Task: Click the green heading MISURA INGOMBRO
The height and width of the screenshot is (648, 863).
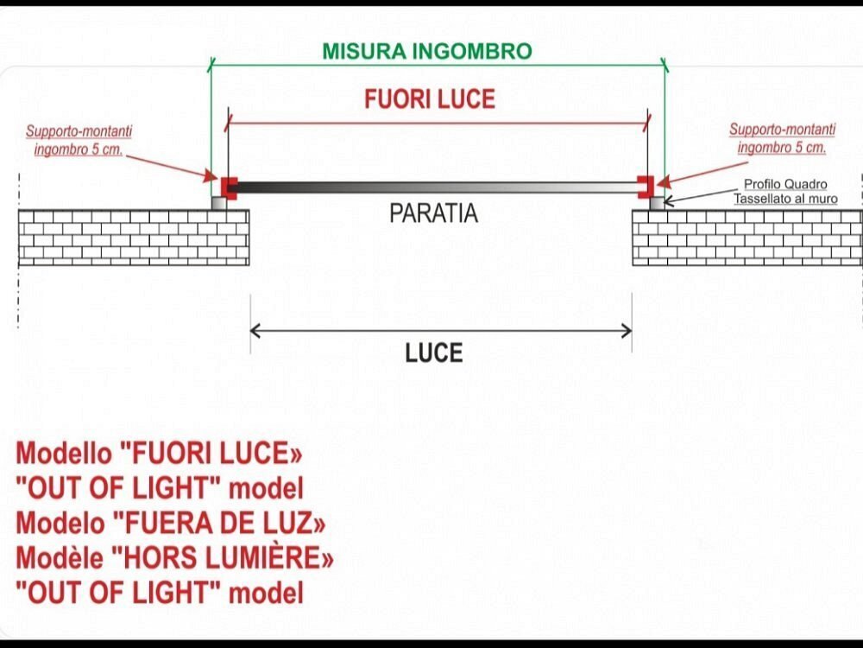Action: pos(427,51)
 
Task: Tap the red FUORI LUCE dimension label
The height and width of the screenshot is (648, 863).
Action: pos(430,99)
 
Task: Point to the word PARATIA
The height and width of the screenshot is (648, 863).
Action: pos(433,213)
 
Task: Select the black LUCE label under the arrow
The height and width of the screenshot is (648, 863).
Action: pos(434,353)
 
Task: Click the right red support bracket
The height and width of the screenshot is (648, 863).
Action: pos(645,186)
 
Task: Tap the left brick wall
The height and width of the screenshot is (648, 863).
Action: pos(134,237)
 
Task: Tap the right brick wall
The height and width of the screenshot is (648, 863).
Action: pos(746,237)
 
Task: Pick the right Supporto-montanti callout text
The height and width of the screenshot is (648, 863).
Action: pos(782,138)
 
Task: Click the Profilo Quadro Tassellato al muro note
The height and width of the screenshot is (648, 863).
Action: pos(785,192)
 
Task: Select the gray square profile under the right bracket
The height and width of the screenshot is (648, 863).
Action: pos(657,202)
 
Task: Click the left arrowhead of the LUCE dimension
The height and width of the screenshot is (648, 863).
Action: pos(255,329)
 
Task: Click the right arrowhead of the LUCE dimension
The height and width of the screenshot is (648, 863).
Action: pos(627,329)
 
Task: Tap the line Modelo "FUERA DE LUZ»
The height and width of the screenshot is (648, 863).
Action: pos(171,524)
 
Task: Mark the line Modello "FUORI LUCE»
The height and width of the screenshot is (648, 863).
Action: pos(160,454)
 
